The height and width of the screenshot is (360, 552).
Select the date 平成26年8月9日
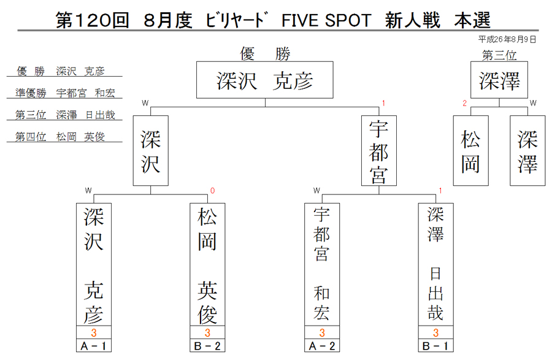point(507,39)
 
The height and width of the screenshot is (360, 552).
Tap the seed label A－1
point(94,345)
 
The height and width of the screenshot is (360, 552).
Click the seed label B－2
point(207,345)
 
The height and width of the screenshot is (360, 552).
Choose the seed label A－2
point(322,345)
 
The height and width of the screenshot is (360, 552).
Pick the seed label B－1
point(435,345)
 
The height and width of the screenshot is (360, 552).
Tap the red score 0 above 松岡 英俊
point(212,191)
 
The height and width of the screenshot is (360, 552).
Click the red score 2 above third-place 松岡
point(464,103)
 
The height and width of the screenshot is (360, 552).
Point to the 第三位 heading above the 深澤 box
point(499,55)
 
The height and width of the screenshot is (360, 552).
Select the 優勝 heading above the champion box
point(265,54)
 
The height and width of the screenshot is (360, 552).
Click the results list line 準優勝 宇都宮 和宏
point(65,93)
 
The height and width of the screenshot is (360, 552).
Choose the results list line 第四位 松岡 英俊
point(60,137)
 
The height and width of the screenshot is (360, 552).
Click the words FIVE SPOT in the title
point(326,20)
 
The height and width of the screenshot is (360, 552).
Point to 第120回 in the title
point(92,20)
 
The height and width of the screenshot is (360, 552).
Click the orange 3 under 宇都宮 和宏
point(322,332)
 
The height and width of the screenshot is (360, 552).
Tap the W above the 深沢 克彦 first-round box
point(88,191)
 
